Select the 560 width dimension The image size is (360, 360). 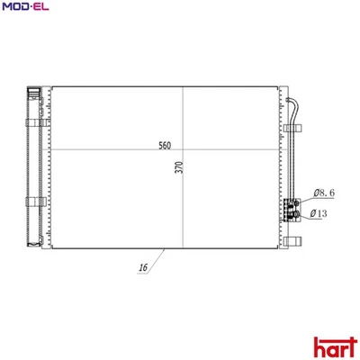(165, 145)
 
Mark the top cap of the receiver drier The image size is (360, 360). (33, 90)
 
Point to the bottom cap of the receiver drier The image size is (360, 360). (33, 241)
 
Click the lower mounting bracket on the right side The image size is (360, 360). (294, 240)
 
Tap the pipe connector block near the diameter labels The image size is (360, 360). (292, 210)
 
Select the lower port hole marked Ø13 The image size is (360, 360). (292, 215)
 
